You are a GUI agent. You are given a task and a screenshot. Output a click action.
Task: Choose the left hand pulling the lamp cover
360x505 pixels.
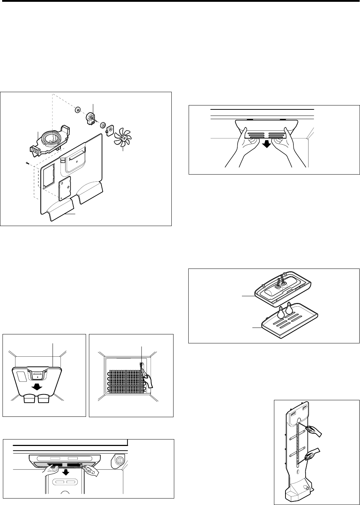pos(242,148)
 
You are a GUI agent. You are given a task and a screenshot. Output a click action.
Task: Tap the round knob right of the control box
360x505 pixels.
pos(119,459)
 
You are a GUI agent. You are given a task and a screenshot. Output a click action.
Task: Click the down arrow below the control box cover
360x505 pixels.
pos(66,472)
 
